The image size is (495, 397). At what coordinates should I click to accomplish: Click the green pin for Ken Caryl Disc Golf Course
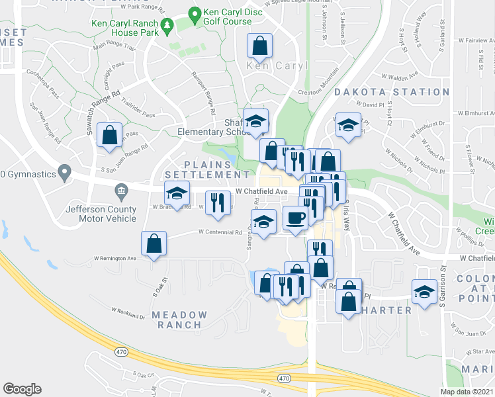[x=195, y=13]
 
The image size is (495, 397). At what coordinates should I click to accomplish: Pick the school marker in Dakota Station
[x=347, y=125]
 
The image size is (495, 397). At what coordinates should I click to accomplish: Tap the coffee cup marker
[x=294, y=218]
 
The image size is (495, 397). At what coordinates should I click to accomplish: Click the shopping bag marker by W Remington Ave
[x=153, y=243]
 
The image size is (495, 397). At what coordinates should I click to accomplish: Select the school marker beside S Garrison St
[x=424, y=291]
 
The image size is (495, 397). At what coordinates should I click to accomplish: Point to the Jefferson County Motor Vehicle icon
[x=121, y=193]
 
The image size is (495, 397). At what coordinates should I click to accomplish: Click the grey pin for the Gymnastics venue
[x=64, y=173]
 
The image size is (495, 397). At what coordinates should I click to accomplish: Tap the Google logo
[x=22, y=389]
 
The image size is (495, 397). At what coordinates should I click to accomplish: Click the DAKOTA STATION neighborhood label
[x=392, y=92]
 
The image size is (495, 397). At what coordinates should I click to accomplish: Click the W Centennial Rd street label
[x=220, y=232]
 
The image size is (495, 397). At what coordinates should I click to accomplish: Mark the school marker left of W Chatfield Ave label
[x=176, y=193]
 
